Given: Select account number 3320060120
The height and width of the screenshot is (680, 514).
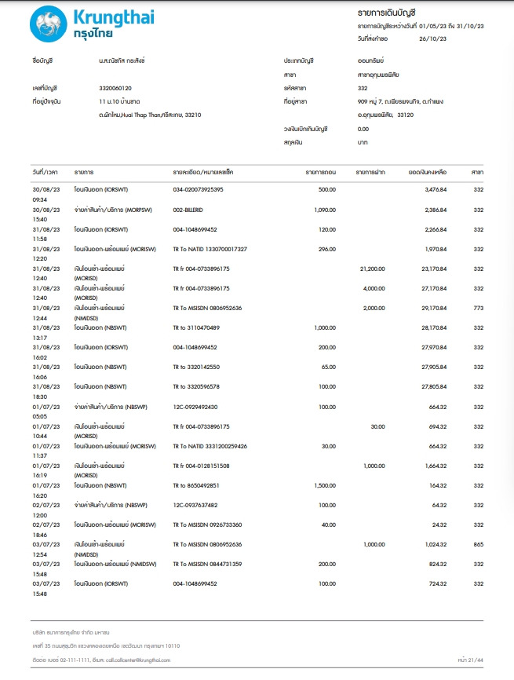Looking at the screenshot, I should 115,88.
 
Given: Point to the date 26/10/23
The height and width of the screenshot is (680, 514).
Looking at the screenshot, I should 434,38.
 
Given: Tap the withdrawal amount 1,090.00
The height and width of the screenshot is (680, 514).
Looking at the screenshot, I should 325,210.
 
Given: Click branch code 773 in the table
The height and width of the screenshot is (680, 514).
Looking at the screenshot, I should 478,308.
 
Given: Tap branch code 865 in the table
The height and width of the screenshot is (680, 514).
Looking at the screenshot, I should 478,544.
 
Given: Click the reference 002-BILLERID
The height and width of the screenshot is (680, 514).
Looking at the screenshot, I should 188,210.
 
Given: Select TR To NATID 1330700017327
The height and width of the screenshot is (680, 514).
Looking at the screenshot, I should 210,249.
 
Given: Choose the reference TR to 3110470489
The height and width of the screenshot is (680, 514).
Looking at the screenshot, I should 196,327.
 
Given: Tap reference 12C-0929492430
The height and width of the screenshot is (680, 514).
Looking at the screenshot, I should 195,407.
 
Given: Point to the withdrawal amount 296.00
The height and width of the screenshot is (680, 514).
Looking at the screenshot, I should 327,249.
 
